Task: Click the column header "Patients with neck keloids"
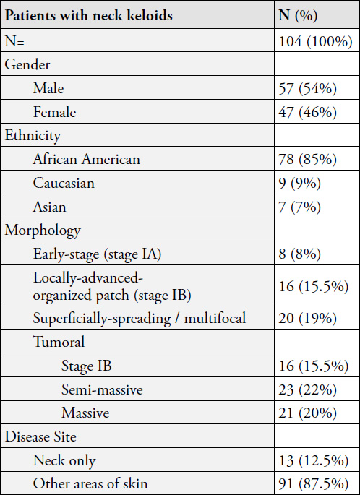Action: pos(89,15)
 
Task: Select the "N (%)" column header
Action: pos(298,16)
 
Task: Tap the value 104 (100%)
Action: pos(315,41)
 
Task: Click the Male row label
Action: pos(48,88)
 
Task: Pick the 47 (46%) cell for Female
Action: pos(307,113)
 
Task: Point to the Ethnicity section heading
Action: pos(33,136)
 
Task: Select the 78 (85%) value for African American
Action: pos(307,160)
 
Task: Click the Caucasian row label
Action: pos(64,183)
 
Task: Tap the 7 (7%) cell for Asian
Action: pos(300,207)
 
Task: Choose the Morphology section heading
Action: pos(43,231)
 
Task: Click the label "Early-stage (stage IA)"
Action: pos(98,254)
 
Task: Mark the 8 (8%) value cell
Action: pos(300,254)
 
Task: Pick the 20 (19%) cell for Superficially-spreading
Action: pos(307,318)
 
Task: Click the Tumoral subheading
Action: pos(59,342)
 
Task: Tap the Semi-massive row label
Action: pos(102,390)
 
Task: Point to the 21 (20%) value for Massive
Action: pos(307,413)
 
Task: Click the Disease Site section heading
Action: pos(40,436)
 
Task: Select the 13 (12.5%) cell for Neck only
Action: pos(314,461)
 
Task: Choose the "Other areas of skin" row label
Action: pos(90,484)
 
